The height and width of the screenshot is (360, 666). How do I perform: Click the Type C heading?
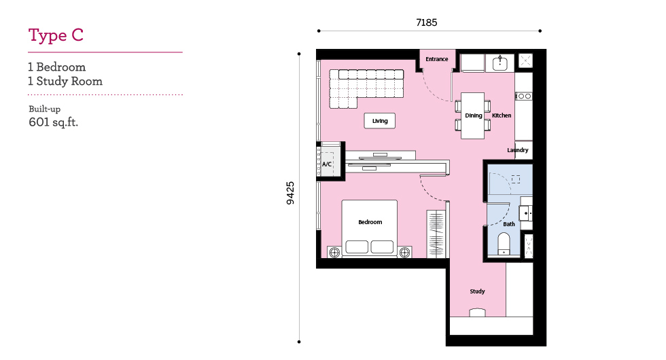click(56, 35)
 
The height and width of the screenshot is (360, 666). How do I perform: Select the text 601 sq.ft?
click(54, 122)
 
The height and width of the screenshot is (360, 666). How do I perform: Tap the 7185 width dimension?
click(427, 22)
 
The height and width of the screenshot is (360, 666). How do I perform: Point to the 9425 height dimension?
click(290, 193)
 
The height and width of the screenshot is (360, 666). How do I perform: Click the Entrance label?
click(436, 59)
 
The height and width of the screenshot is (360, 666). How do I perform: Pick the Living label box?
click(380, 121)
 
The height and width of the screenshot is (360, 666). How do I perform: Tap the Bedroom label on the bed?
click(370, 222)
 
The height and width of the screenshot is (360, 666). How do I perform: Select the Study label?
click(477, 291)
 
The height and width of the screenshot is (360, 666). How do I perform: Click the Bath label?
click(509, 224)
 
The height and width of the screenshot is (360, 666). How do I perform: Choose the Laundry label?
click(517, 150)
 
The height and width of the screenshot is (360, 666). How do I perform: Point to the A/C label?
click(327, 164)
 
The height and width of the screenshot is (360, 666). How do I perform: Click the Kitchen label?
click(502, 115)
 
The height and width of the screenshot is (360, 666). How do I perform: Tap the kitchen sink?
click(500, 63)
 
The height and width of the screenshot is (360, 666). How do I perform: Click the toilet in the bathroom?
click(504, 244)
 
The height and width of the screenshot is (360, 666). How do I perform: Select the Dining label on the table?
click(473, 115)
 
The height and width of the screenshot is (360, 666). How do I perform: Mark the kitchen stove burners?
click(524, 96)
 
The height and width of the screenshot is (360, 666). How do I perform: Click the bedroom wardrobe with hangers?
click(436, 234)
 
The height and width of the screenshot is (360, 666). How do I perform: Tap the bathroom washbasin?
click(526, 213)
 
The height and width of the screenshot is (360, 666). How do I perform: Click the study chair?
click(477, 312)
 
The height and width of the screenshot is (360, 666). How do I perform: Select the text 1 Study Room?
click(65, 81)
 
